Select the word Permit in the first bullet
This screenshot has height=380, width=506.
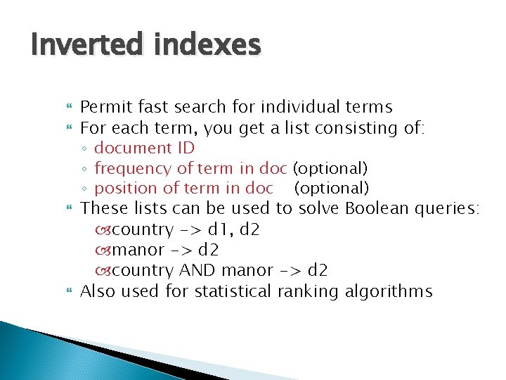[103, 108]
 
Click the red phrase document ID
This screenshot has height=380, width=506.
[144, 148]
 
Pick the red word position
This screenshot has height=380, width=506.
[123, 189]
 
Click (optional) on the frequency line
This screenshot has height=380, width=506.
[330, 169]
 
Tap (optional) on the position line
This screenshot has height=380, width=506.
[331, 189]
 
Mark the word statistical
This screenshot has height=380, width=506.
[233, 291]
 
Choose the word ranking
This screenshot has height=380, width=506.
[307, 291]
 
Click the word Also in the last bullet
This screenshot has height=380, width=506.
[98, 291]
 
